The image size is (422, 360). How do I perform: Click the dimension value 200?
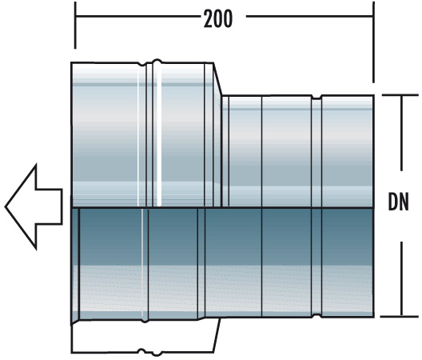point(217,18)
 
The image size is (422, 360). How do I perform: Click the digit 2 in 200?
point(207,18)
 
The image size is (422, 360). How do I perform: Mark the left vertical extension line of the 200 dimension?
point(75,32)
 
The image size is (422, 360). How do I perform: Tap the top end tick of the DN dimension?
point(397,95)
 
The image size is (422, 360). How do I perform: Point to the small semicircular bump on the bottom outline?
point(146,350)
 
